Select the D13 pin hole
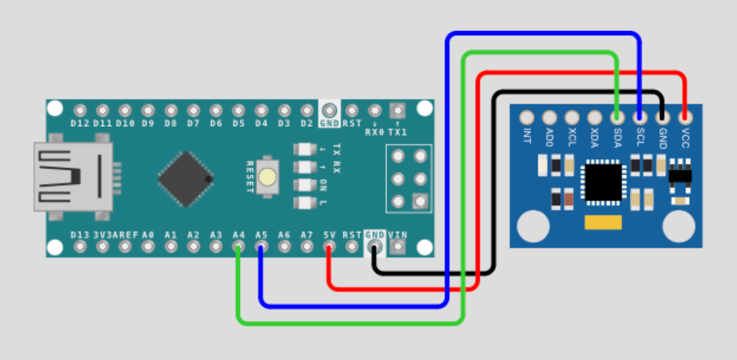click(80, 246)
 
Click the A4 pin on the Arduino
click(239, 246)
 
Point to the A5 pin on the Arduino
click(261, 246)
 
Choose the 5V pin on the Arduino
click(329, 246)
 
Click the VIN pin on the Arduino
click(397, 246)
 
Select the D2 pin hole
click(306, 111)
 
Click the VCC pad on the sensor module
click(684, 117)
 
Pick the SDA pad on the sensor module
click(617, 117)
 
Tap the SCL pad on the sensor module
click(639, 117)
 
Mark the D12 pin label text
click(80, 124)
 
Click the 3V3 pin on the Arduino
click(102, 246)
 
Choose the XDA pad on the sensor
click(595, 117)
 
